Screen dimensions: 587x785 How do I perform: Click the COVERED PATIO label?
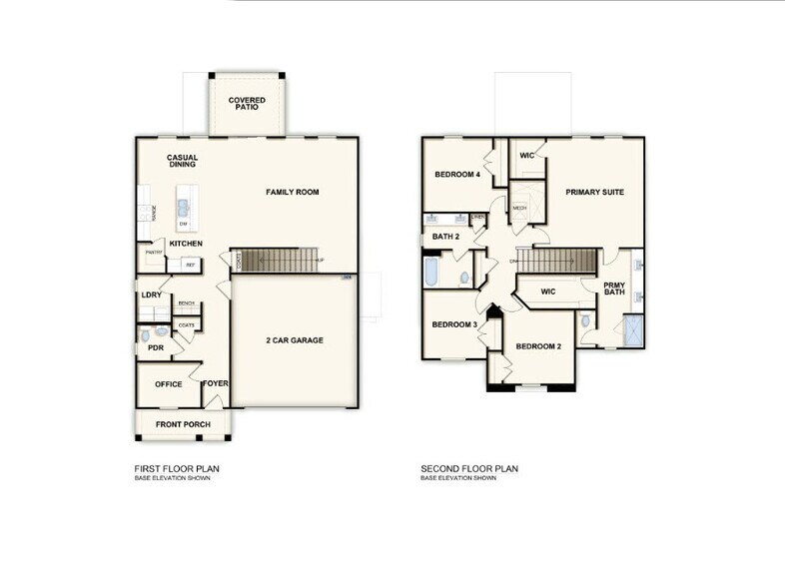tap(246, 104)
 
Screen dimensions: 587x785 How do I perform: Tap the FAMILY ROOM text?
tap(292, 192)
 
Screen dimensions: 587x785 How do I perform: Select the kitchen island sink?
tap(184, 209)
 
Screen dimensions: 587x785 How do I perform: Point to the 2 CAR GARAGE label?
tap(294, 340)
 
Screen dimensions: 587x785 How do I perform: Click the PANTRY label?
tap(154, 253)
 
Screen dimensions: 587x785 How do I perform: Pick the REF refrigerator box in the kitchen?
tap(189, 265)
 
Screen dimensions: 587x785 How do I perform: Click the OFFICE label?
tap(168, 384)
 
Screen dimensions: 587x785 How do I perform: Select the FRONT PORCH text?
tap(182, 424)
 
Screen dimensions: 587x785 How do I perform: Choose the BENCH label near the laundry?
tap(186, 303)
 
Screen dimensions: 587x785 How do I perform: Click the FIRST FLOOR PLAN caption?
tap(177, 468)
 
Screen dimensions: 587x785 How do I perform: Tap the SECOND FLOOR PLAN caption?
tap(469, 468)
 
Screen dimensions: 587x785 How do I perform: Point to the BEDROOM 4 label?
tap(457, 175)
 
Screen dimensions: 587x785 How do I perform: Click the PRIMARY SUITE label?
tap(595, 192)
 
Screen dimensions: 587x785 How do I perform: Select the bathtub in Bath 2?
tap(431, 273)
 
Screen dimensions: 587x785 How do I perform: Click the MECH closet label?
tap(519, 208)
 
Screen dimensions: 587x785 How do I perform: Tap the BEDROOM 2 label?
tap(537, 346)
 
